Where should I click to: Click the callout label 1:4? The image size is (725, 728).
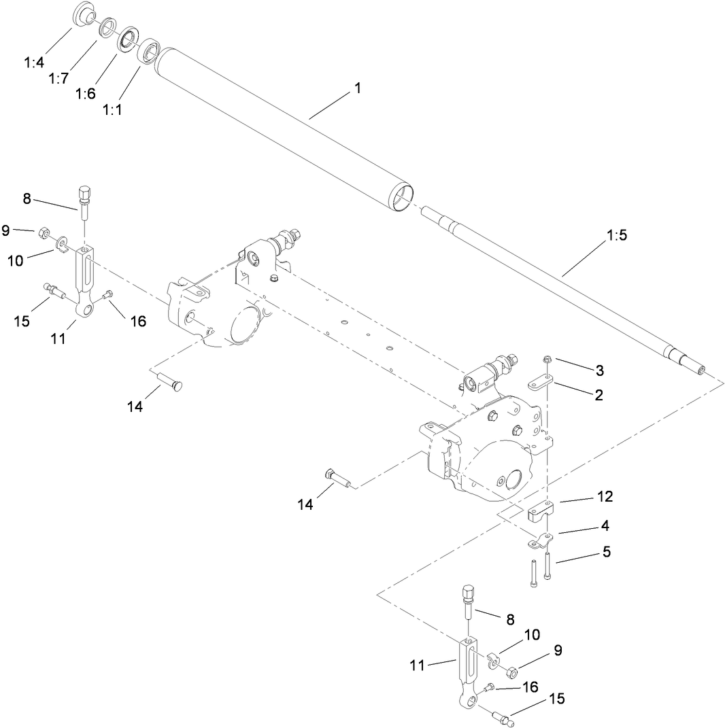tap(34, 63)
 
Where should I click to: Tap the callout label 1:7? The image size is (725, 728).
tap(58, 78)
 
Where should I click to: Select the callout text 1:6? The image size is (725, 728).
tap(85, 94)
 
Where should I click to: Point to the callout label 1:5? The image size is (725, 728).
tap(616, 236)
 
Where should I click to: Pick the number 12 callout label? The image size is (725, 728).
tap(604, 497)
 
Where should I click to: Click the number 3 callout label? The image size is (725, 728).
tap(599, 370)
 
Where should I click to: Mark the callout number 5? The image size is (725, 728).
tap(605, 552)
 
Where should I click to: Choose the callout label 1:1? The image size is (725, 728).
tap(112, 110)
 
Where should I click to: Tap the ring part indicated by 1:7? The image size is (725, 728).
tap(107, 29)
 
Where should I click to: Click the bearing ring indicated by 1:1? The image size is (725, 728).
tap(148, 52)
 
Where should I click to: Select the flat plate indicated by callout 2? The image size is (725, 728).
tap(541, 385)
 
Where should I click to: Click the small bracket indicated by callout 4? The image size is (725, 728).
tap(541, 542)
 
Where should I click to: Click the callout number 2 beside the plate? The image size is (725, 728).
tap(598, 395)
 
